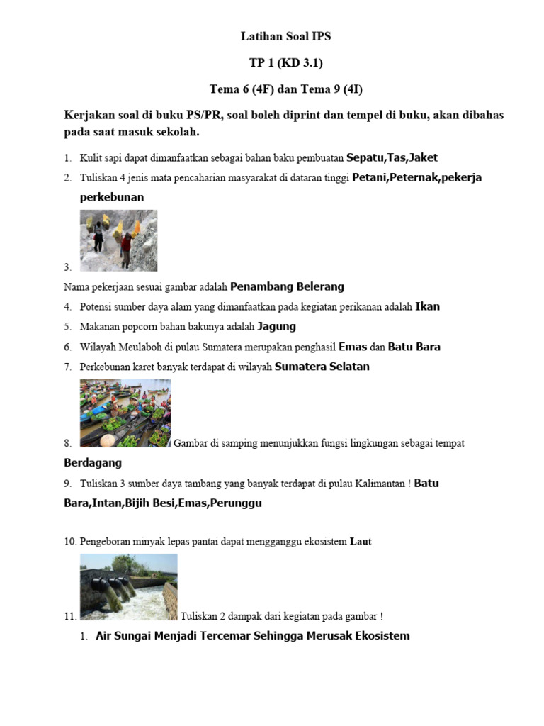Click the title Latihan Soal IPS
[x=285, y=36]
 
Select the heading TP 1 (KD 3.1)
[x=285, y=63]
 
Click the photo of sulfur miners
[x=118, y=240]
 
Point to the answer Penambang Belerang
[x=287, y=286]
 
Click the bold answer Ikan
[x=427, y=306]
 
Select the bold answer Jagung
[x=276, y=326]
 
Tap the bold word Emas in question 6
[x=353, y=347]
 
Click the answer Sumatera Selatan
[x=322, y=367]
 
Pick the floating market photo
[x=125, y=413]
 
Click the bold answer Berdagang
[x=93, y=462]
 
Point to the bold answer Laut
[x=361, y=542]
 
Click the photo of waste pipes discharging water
[x=128, y=586]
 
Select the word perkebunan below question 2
[x=112, y=197]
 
